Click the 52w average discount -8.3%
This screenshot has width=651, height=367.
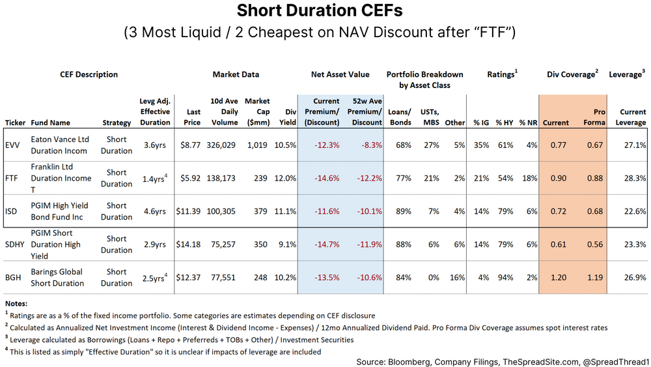(367, 145)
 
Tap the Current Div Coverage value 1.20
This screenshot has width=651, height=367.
(556, 277)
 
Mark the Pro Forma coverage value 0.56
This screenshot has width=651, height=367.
(595, 244)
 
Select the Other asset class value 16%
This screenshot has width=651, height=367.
(457, 277)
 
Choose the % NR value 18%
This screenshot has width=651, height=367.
(529, 178)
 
